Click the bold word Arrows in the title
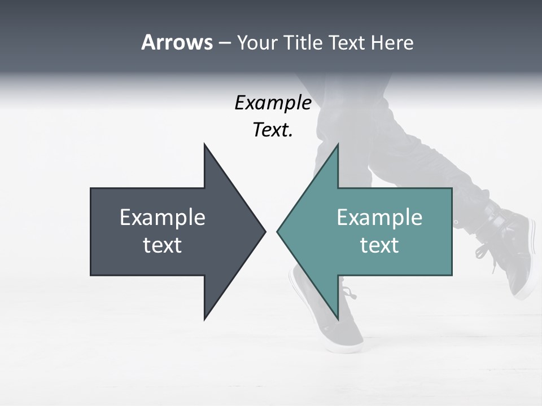coord(177,43)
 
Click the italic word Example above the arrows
coord(273,103)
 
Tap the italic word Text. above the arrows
coord(273,130)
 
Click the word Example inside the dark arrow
coord(163,218)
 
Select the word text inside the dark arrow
coord(163,245)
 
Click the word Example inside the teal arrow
coord(379,218)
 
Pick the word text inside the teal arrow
coord(379,245)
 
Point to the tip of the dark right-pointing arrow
coord(264,231)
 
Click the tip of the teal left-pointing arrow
coord(278,231)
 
